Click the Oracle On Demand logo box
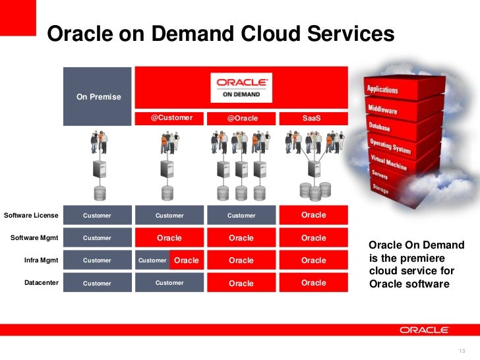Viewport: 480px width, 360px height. point(242,88)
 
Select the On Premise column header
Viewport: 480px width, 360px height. point(98,97)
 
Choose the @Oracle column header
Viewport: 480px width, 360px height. point(242,119)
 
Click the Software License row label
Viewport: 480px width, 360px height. point(31,215)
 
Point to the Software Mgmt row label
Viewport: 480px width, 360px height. point(34,237)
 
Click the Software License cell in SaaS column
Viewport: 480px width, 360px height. point(313,215)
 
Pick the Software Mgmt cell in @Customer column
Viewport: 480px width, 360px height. point(169,238)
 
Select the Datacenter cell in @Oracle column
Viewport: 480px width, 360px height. point(241,283)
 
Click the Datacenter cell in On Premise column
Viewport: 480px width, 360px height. point(98,283)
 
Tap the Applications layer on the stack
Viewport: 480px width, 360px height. point(383,89)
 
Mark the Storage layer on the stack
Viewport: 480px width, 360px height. point(380,189)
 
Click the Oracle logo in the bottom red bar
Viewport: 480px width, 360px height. point(423,330)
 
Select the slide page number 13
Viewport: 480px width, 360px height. point(460,349)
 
